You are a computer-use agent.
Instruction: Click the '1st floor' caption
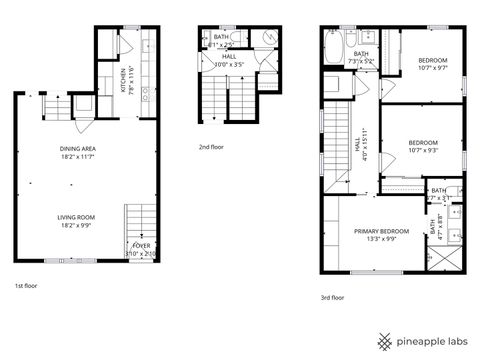tap(26, 286)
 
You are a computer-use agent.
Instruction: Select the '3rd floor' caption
tap(333, 297)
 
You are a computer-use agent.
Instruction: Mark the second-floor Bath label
tap(222, 40)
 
